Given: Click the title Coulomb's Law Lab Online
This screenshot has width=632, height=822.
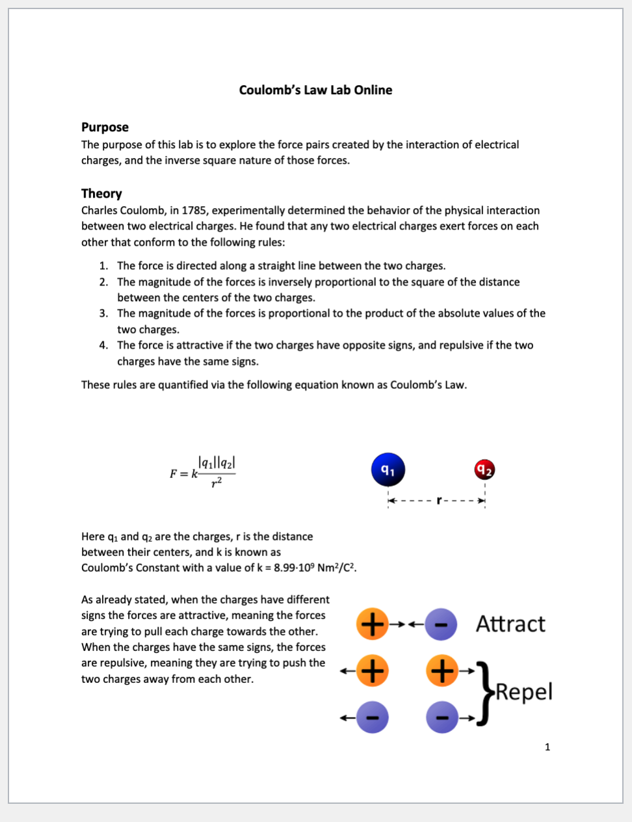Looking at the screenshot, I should [315, 90].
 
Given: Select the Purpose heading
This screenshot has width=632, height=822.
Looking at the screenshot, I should [105, 127].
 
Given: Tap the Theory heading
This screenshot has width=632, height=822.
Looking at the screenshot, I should [101, 194].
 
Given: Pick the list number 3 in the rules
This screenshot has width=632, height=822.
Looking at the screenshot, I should [103, 313].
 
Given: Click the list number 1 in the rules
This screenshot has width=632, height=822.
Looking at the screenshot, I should [103, 266].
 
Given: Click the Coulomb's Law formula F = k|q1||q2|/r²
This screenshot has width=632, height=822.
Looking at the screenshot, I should [203, 472].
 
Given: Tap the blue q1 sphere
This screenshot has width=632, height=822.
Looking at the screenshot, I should [388, 470].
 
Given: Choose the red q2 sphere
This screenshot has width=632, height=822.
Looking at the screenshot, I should [484, 470].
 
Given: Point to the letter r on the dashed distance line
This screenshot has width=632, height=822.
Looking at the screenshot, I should [439, 501].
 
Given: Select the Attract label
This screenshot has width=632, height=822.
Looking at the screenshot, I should [510, 624].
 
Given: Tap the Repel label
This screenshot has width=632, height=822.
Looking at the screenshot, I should [524, 692].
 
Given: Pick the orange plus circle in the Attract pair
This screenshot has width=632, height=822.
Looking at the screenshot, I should [372, 624].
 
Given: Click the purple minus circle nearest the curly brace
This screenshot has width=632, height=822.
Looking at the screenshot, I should [442, 717].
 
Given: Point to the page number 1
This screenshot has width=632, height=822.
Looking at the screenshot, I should [547, 747].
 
